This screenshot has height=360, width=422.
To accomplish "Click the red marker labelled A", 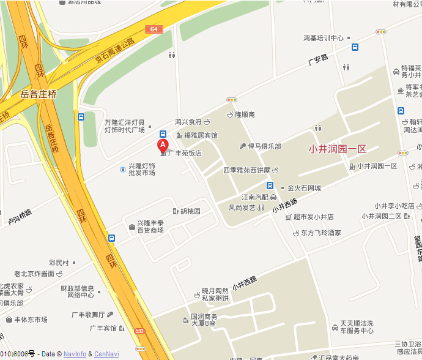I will [x=163, y=145].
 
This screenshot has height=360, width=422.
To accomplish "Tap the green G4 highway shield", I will [x=154, y=29].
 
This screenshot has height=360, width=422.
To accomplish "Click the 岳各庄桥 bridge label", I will [x=39, y=94].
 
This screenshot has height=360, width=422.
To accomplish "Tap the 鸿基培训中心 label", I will [x=324, y=38].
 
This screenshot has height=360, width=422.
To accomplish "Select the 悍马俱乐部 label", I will [x=264, y=146].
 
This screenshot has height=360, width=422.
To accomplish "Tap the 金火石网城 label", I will [x=305, y=188].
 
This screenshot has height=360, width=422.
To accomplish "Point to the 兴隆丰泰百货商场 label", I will [x=150, y=226].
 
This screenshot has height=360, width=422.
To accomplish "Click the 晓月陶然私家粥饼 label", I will [x=215, y=294].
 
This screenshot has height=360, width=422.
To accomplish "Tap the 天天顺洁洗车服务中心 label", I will [x=357, y=326].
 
